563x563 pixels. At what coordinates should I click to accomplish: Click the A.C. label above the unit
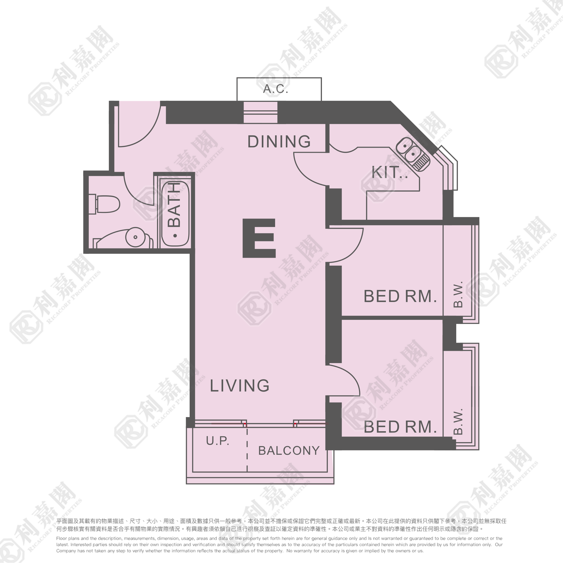[x=275, y=89]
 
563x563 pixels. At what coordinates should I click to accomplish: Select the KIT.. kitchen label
[x=389, y=172]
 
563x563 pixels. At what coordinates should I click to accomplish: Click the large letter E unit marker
[x=259, y=238]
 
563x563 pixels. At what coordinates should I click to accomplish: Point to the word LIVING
[x=240, y=386]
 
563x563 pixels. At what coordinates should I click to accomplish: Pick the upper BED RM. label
[x=400, y=296]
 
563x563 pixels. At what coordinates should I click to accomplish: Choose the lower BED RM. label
[x=400, y=427]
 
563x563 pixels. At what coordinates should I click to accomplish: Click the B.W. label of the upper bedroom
[x=458, y=294]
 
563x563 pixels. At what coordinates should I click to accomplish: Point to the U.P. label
[x=217, y=441]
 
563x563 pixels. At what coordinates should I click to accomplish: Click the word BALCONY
[x=289, y=450]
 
